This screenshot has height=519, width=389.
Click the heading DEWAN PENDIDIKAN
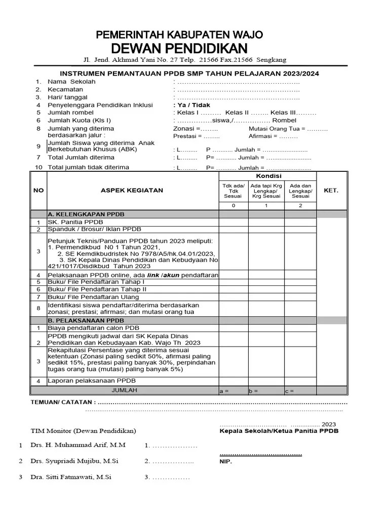coord(179,48)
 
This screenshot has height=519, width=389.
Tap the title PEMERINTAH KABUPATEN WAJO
coord(179,35)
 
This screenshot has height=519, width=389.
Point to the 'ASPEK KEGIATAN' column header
coord(132,191)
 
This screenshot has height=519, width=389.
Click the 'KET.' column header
coord(331,191)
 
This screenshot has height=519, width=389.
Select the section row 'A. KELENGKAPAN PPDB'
coord(86,214)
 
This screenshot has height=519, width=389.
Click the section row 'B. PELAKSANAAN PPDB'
coord(86,321)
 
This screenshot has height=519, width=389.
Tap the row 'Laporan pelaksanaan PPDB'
coord(92,381)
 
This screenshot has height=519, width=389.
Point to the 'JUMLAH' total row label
coord(124,390)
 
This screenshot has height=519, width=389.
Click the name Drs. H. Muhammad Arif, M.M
coord(78,445)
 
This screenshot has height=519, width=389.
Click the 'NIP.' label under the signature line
coord(225,462)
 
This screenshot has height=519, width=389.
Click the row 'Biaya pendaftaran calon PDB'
coord(94,328)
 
